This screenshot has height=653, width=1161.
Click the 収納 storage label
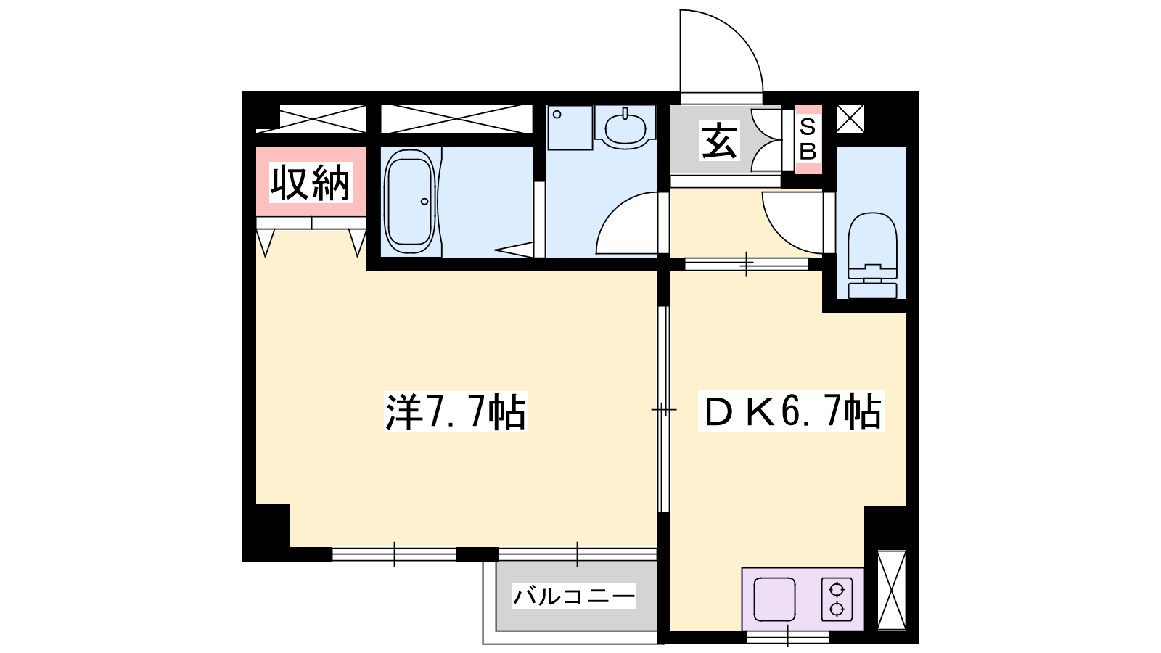[x=311, y=182]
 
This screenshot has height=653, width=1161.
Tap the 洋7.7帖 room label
[x=456, y=413]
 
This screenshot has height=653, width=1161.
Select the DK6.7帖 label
[x=791, y=412]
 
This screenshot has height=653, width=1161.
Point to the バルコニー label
[x=574, y=596]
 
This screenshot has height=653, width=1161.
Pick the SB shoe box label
[x=808, y=139]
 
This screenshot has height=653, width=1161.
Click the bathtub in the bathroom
[x=409, y=201]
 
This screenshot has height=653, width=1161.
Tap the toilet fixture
[x=872, y=255]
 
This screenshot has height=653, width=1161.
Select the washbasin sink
[x=625, y=126]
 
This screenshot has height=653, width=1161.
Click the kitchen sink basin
[x=774, y=599]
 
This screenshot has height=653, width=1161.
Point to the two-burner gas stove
[x=837, y=599]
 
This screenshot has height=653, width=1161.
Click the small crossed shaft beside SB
[x=850, y=119]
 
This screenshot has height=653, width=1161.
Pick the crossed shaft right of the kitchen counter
[x=892, y=591]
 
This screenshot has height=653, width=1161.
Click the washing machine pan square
[x=570, y=128]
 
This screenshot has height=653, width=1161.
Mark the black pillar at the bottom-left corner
[x=266, y=533]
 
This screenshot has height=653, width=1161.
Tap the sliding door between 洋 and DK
[x=663, y=409]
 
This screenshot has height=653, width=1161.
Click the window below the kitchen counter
[x=788, y=637]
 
